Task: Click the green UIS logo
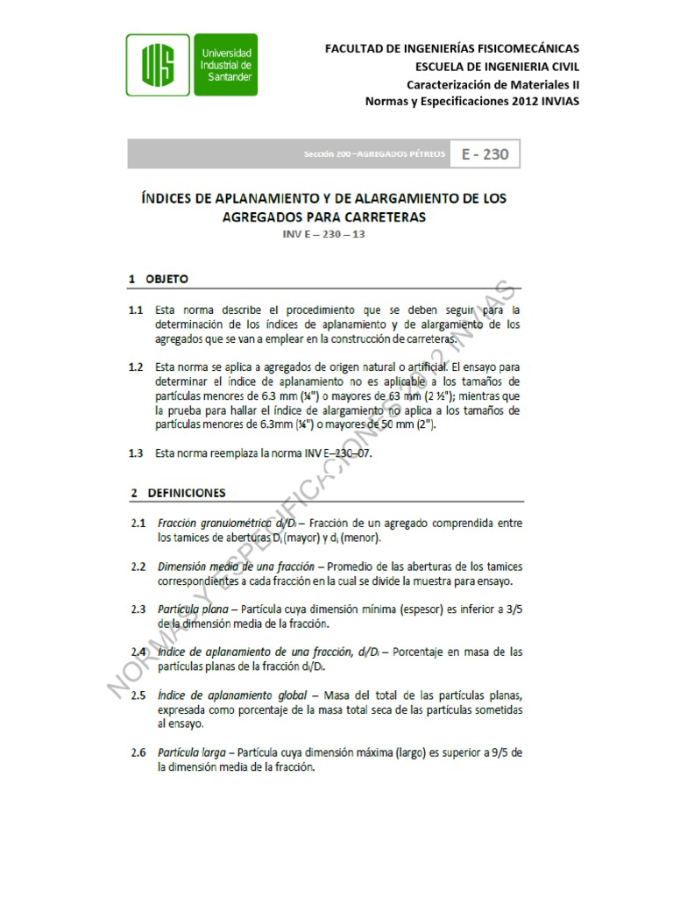[158, 65]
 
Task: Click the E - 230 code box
[484, 154]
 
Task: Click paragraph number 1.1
[134, 310]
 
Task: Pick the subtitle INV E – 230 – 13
[324, 235]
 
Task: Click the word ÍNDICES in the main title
[170, 199]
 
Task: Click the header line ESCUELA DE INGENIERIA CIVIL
[496, 66]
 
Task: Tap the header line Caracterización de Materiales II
[492, 83]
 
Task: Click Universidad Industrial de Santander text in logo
[226, 65]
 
